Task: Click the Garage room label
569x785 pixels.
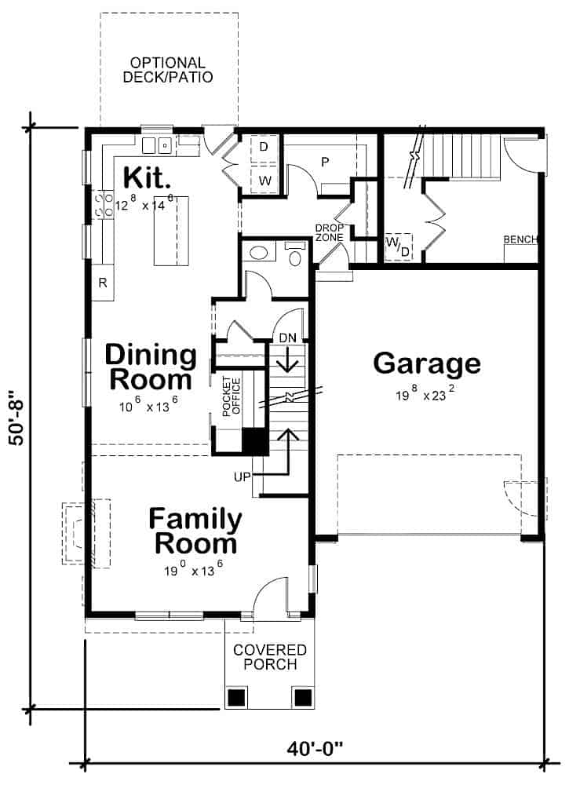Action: point(426,363)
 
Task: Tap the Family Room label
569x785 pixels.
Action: point(195,531)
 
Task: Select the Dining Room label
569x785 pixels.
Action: point(151,367)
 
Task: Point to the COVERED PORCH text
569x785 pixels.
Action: point(270,657)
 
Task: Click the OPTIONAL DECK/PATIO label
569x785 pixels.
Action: point(168,70)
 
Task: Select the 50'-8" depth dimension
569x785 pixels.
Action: point(18,418)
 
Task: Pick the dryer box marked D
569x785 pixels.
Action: point(264,148)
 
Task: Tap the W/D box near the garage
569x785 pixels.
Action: point(398,246)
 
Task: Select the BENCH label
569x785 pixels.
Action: point(520,239)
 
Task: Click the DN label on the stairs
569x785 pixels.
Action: point(288,338)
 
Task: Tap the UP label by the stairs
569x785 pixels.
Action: point(242,476)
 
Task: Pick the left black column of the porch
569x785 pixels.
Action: point(236,696)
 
